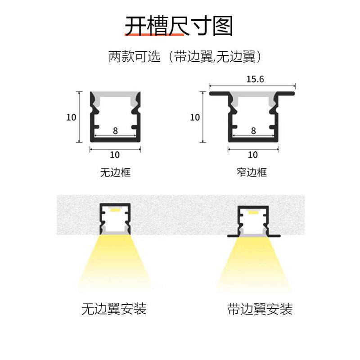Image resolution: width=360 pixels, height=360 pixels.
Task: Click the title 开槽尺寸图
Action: [x=179, y=26]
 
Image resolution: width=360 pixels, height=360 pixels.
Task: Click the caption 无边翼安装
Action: [x=114, y=309]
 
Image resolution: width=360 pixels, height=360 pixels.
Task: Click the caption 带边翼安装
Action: [x=260, y=309]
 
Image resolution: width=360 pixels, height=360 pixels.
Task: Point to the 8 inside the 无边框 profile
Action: [x=115, y=130]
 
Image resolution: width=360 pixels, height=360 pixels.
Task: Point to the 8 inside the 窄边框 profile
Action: [x=253, y=130]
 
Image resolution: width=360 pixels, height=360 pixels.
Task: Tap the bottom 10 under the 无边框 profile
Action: [x=115, y=155]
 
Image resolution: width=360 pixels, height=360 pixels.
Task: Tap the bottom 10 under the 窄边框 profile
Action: [x=253, y=155]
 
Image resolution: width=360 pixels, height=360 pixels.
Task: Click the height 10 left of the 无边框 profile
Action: [x=71, y=117]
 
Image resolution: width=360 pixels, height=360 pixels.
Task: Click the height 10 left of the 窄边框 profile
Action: [x=195, y=117]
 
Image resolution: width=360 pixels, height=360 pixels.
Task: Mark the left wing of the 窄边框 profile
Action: [x=219, y=93]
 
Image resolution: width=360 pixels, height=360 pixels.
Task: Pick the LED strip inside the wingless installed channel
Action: [x=115, y=210]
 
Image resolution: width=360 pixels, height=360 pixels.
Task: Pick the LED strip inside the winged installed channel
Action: [x=253, y=212]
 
